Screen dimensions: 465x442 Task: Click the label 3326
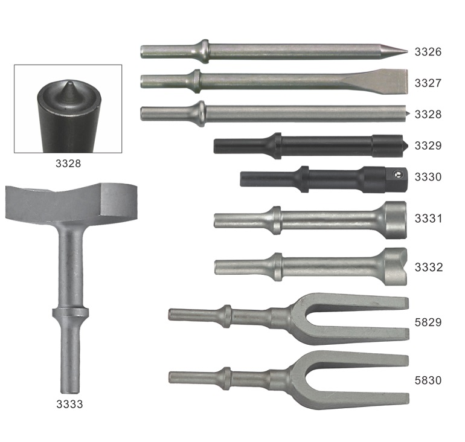coord(428,51)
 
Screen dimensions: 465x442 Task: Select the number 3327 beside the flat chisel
coord(428,83)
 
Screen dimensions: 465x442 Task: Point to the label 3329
coord(428,146)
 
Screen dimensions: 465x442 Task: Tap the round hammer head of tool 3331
coord(396,220)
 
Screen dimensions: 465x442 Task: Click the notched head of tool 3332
coord(396,266)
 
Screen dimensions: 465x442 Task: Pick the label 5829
coord(428,322)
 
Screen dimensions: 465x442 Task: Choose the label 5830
coord(428,380)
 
